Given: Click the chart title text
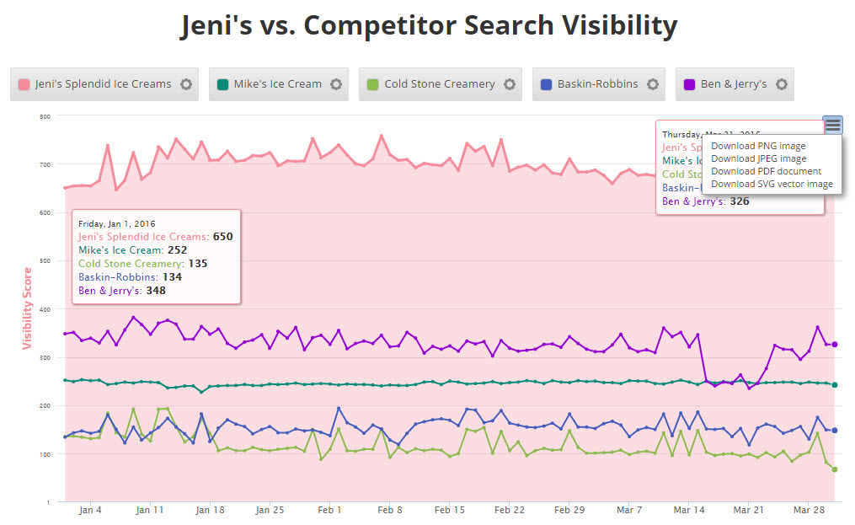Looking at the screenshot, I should [428, 26].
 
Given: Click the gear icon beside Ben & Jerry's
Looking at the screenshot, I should [782, 84].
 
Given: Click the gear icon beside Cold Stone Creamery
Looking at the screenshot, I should [510, 84].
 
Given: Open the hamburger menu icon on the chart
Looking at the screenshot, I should [832, 125].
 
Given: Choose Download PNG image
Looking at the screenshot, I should [758, 146].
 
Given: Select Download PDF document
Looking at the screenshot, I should [766, 171].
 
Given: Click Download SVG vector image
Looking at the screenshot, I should [772, 184].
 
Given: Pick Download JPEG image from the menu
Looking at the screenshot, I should [758, 158].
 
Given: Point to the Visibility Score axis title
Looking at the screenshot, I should [27, 308].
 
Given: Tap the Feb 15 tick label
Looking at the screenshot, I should [450, 510].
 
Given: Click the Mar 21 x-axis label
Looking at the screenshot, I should [749, 510].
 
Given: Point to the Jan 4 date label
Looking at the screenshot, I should [90, 510].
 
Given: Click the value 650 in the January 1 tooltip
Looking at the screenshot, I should [222, 237].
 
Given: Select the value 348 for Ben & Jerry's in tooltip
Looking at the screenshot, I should [156, 291].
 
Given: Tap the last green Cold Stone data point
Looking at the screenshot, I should [834, 469].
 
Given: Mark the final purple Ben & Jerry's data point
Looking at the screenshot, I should [834, 344].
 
